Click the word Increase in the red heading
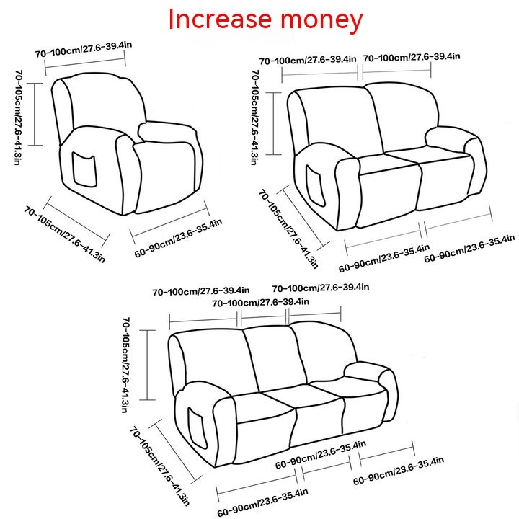click(x=220, y=19)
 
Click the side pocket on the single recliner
click(x=85, y=170)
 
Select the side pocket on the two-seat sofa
click(x=315, y=185)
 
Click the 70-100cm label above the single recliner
click(x=84, y=50)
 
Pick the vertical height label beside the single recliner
click(x=19, y=117)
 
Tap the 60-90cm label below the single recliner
click(x=178, y=238)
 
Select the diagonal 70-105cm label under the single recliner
click(x=64, y=234)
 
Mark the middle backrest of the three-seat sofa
click(x=275, y=358)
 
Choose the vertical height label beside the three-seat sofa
click(x=126, y=365)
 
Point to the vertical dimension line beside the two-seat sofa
click(x=274, y=123)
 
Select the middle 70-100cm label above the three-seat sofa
click(x=260, y=302)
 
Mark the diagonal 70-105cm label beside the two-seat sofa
click(x=288, y=229)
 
